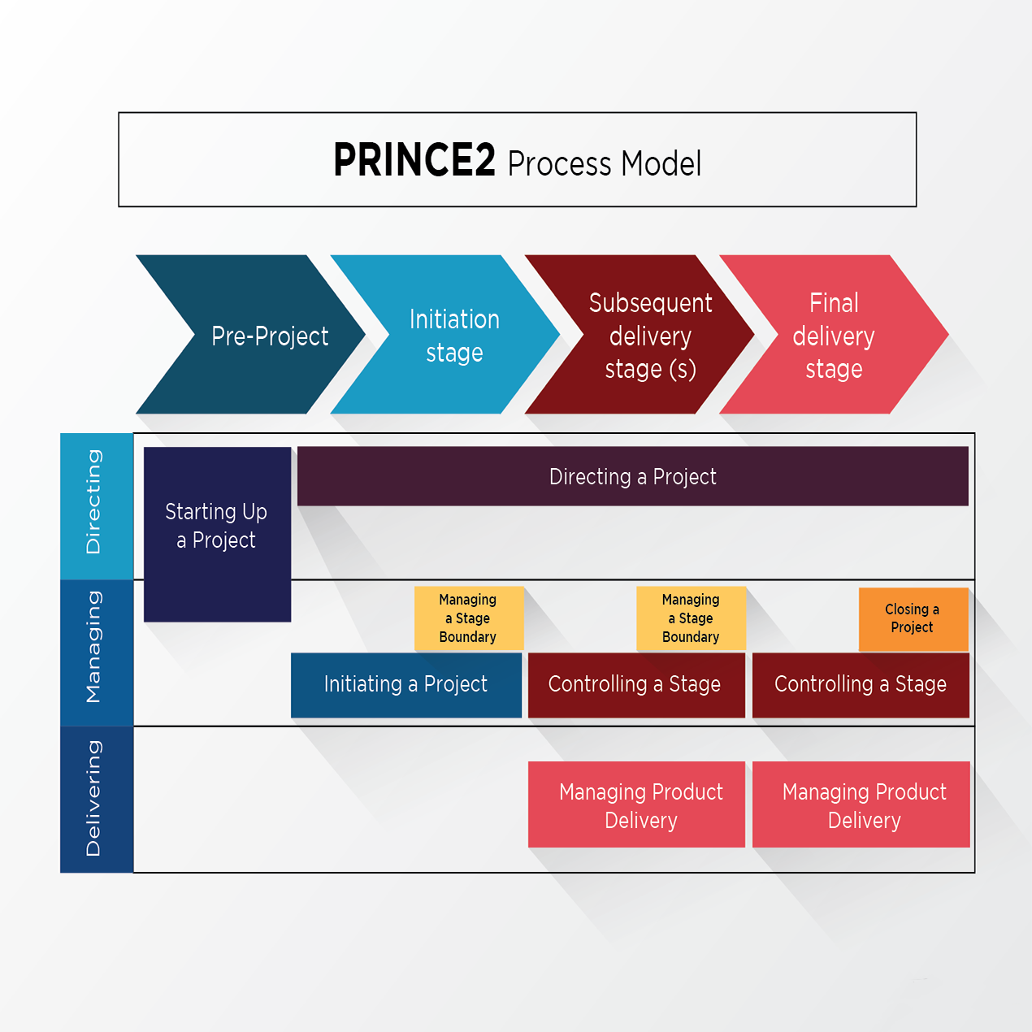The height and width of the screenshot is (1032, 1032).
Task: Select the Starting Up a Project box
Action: (218, 535)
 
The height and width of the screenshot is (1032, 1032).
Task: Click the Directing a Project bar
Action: (633, 477)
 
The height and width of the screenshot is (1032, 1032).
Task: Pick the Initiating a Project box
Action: (406, 685)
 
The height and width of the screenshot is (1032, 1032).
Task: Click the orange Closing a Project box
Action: (913, 619)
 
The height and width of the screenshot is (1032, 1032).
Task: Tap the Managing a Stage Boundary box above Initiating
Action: (469, 618)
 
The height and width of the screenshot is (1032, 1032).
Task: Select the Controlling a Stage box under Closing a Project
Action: (861, 685)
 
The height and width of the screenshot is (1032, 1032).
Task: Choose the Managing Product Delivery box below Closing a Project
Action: (861, 804)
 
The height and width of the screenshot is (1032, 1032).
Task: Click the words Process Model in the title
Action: (604, 163)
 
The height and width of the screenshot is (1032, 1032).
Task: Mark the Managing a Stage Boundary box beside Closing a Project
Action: (692, 618)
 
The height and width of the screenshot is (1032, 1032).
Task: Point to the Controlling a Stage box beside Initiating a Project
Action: (636, 685)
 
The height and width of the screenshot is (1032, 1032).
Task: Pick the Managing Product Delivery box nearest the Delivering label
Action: (636, 804)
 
